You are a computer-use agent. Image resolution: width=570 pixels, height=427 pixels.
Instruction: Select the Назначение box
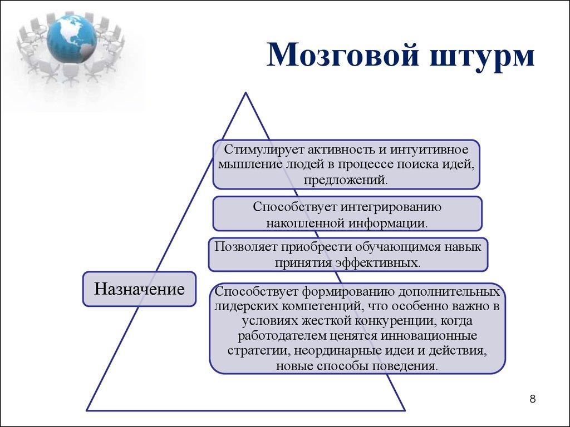point(139,289)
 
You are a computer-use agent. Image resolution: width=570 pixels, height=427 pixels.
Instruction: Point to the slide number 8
point(533,399)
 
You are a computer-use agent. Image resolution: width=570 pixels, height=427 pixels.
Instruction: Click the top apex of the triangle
point(245,93)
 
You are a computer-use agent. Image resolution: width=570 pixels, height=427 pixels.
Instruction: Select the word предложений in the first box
point(345,179)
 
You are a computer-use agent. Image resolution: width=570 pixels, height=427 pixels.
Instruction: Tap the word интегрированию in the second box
point(389,207)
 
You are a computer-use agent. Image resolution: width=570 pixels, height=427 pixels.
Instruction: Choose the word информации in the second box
point(388,223)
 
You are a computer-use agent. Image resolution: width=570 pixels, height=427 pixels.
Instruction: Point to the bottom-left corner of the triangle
point(87,410)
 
